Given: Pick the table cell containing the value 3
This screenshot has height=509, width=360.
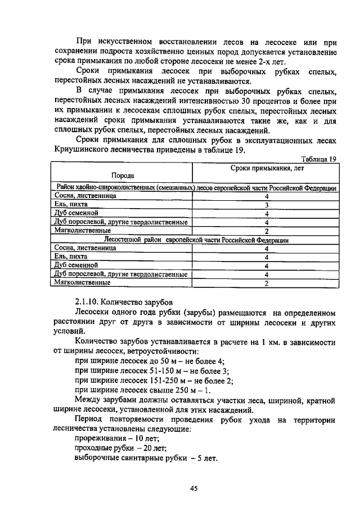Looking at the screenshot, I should click(266, 205).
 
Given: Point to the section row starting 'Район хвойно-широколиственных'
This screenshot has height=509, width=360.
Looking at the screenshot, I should click(195, 187).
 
